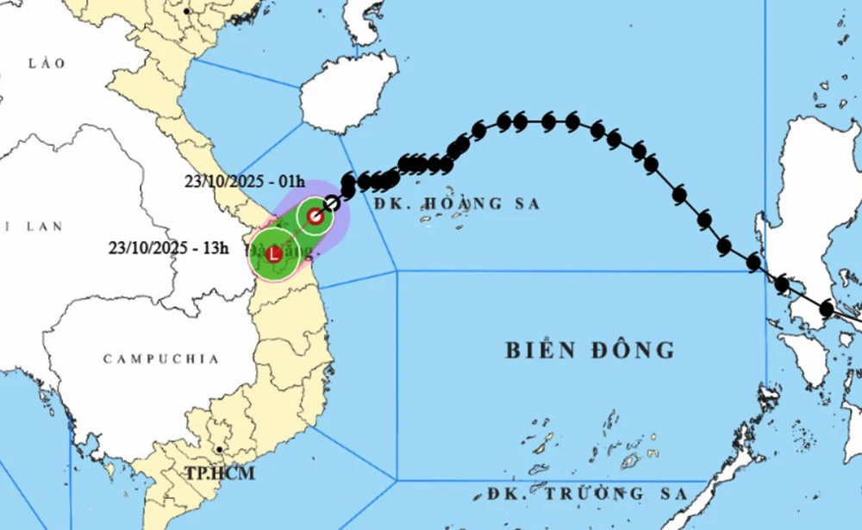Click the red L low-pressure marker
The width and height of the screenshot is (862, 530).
[273, 254]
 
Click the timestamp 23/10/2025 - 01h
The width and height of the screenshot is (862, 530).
[244, 182]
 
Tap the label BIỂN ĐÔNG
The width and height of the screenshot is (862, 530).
[589, 350]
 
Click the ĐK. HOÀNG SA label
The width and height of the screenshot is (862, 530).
[457, 204]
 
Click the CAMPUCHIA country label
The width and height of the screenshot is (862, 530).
[161, 359]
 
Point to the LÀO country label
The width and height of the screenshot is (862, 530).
[47, 64]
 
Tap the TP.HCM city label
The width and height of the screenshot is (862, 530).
[219, 473]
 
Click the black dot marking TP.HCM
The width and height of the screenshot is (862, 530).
[221, 450]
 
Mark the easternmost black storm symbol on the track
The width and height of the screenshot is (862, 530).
[826, 308]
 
